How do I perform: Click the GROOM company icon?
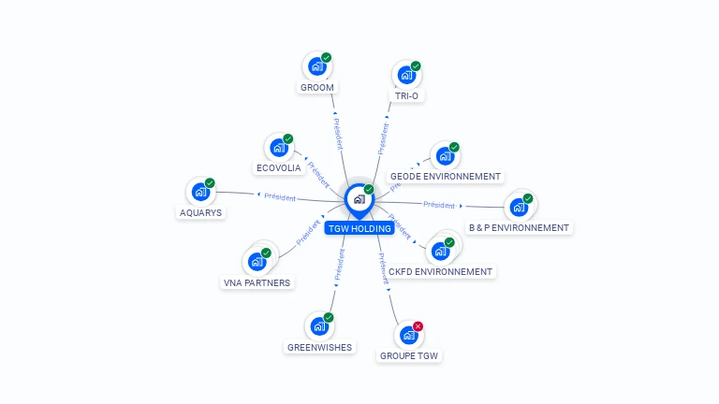click(317, 66)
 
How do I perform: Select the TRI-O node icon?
click(406, 75)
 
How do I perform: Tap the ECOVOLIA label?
click(279, 168)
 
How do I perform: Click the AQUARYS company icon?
click(200, 192)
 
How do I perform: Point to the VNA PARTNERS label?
click(257, 282)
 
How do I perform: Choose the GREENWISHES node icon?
click(319, 326)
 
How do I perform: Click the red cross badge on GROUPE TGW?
click(418, 326)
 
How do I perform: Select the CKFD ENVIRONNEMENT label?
click(440, 272)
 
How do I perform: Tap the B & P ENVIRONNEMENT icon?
click(519, 207)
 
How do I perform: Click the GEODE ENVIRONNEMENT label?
click(446, 176)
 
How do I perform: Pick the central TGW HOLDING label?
click(359, 228)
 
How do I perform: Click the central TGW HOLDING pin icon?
click(359, 198)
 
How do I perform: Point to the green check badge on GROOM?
click(327, 58)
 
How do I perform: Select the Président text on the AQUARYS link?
click(280, 197)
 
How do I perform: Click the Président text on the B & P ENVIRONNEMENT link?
click(439, 204)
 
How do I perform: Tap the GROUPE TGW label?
click(409, 356)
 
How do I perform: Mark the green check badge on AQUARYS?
click(210, 183)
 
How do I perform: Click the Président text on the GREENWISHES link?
click(340, 265)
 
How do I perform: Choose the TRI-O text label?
click(406, 96)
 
